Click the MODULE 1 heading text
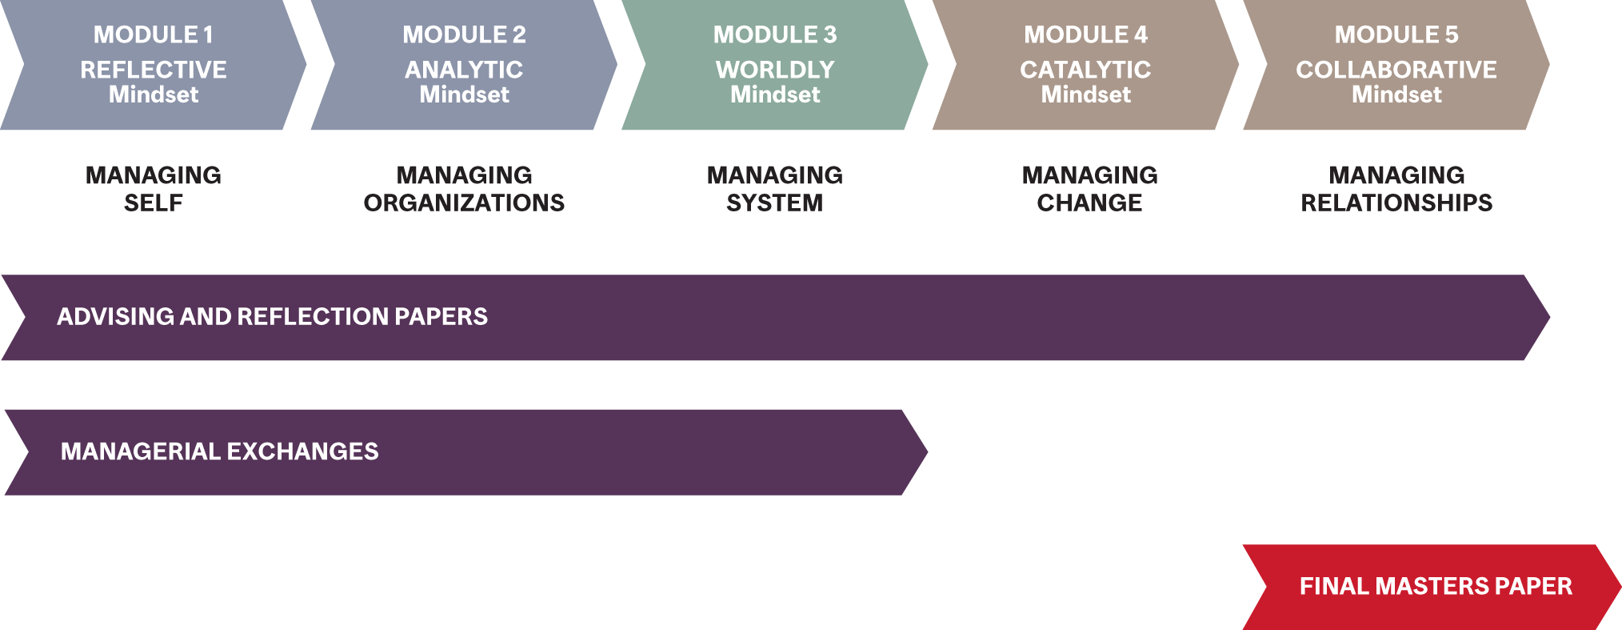[x=154, y=34]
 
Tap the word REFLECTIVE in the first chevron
[x=154, y=70]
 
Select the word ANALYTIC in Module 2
[x=464, y=70]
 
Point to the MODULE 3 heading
[x=775, y=34]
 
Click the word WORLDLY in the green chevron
[x=775, y=70]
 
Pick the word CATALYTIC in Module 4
[x=1085, y=70]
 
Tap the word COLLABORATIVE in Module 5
[x=1396, y=70]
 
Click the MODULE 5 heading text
[x=1396, y=34]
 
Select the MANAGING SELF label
[x=154, y=189]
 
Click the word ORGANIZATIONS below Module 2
[x=464, y=203]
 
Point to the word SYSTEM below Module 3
[x=774, y=203]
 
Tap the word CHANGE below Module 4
[x=1089, y=203]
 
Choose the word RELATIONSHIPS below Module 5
[x=1396, y=203]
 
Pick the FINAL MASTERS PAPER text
[x=1436, y=586]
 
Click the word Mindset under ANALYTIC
[x=464, y=94]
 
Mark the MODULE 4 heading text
[x=1085, y=34]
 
